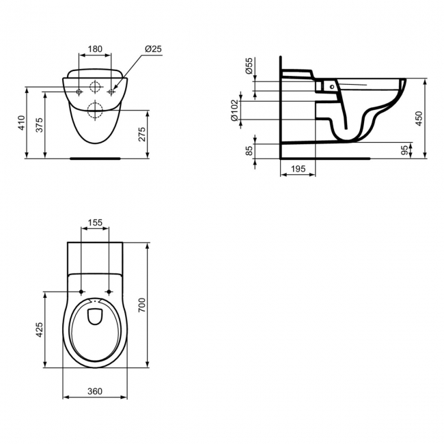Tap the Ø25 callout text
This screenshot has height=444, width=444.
[x=153, y=49]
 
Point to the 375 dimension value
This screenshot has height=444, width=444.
[x=40, y=124]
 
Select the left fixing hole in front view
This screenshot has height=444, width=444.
[x=79, y=91]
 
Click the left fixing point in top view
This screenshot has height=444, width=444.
[x=82, y=292]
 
